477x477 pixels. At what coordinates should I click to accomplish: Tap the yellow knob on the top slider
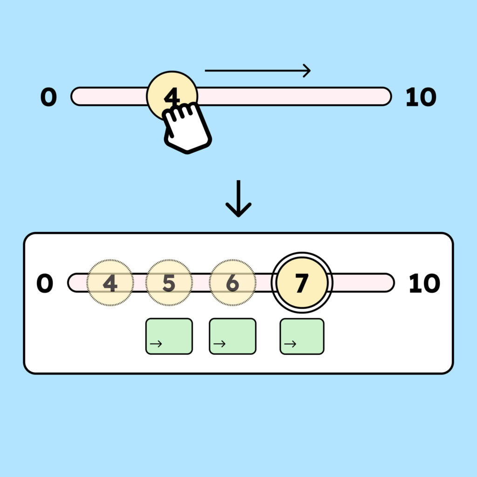(x=172, y=90)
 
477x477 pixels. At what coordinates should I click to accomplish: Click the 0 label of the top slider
(x=48, y=97)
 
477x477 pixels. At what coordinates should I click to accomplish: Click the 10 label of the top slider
(x=421, y=97)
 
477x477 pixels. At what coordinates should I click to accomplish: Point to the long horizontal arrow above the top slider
(x=257, y=71)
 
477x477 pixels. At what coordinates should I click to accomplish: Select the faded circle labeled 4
(x=110, y=283)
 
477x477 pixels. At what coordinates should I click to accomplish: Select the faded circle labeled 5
(x=169, y=283)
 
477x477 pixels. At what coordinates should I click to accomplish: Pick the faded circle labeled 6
(x=232, y=283)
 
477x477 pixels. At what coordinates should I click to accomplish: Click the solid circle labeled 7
(x=302, y=283)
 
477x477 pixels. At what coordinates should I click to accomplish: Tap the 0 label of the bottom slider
(x=45, y=284)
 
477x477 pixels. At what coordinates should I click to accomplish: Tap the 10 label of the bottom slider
(x=424, y=284)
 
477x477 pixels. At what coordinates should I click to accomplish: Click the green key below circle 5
(x=169, y=336)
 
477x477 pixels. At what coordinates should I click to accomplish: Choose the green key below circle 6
(x=232, y=336)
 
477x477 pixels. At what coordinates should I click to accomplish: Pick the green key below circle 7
(x=302, y=336)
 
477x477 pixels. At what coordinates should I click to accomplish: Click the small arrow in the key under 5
(x=156, y=344)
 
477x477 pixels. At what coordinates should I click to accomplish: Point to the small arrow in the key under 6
(x=219, y=344)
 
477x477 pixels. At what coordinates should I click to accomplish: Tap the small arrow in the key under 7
(x=290, y=344)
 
